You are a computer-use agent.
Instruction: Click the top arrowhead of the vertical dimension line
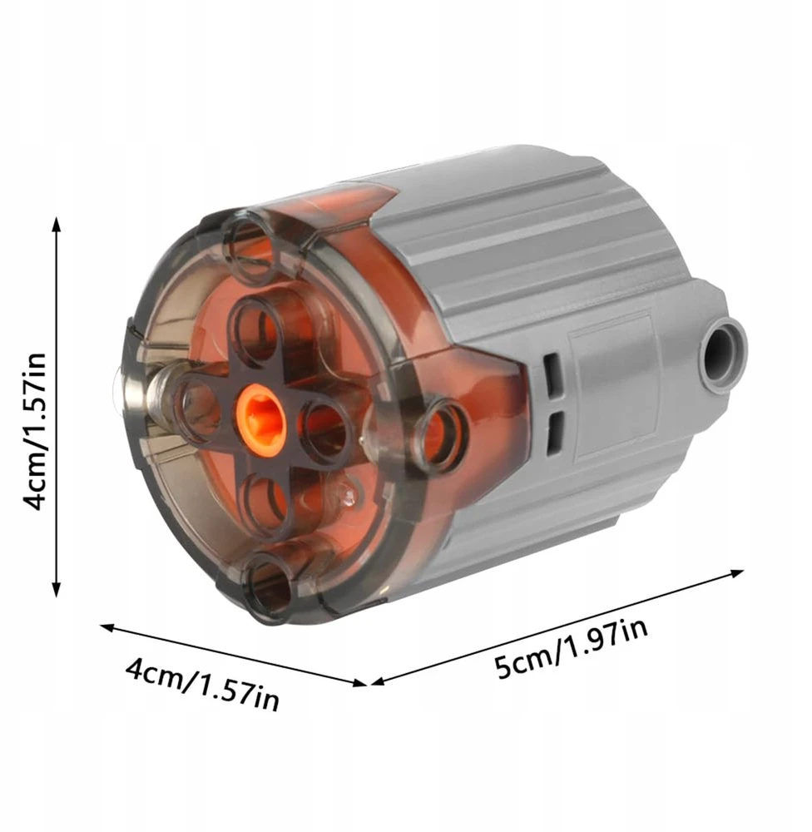[x=56, y=225]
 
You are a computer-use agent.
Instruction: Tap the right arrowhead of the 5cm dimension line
[x=737, y=573]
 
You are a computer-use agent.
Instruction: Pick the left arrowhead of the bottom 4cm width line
[x=108, y=627]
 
